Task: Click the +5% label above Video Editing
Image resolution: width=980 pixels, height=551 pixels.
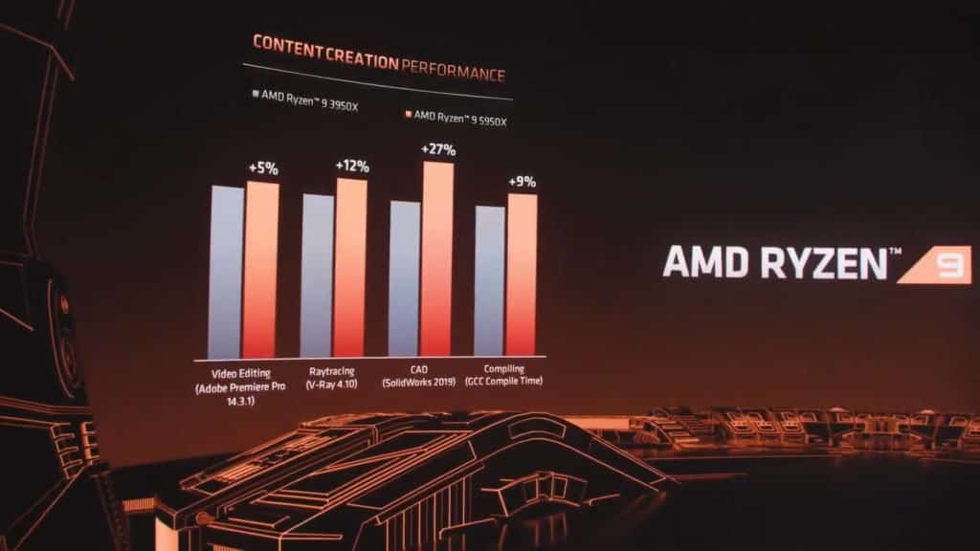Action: (262, 168)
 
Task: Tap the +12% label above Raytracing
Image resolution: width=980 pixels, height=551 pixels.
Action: (351, 166)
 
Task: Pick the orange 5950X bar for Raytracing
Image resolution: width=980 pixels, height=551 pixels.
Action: (350, 267)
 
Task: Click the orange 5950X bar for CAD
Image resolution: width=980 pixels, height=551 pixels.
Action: (436, 258)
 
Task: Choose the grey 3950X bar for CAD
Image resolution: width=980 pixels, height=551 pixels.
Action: (404, 277)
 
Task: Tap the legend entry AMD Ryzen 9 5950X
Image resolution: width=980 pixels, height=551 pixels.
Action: (458, 115)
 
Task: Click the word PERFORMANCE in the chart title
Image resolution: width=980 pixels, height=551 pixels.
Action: (453, 72)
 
